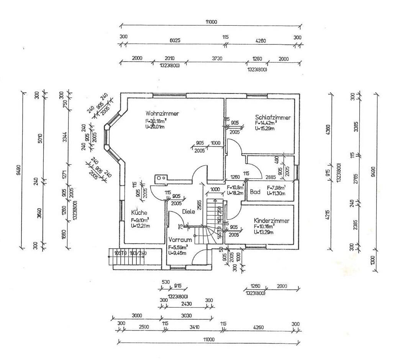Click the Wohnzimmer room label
pyautogui.click(x=162, y=113)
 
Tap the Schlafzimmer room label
pyautogui.click(x=272, y=118)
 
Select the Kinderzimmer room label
pyautogui.click(x=271, y=221)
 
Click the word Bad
pyautogui.click(x=255, y=192)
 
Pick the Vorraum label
pyautogui.click(x=180, y=240)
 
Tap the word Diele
pyautogui.click(x=189, y=211)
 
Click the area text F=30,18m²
pyautogui.click(x=156, y=121)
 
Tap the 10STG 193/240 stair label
pyautogui.click(x=130, y=253)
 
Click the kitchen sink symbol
pyautogui.click(x=161, y=178)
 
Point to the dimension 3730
pyautogui.click(x=217, y=58)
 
